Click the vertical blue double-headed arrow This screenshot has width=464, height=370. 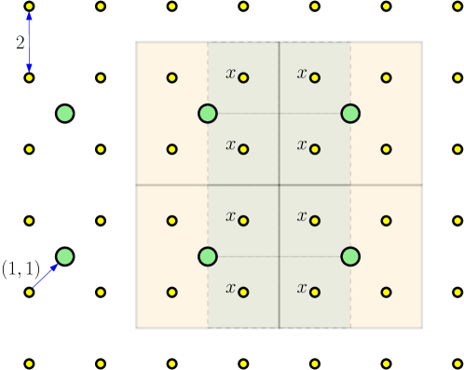pos(29,42)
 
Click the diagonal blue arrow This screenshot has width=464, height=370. pos(46,276)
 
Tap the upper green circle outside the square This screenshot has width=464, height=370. pos(64,114)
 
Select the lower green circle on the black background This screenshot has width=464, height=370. pos(64,256)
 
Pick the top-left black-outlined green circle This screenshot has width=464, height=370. pos(208,114)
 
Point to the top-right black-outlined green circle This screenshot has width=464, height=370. pos(350,114)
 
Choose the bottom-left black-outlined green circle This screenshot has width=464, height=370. pos(208,256)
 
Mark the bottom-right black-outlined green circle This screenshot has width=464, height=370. pos(350,256)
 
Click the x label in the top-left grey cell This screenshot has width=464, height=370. pos(230,74)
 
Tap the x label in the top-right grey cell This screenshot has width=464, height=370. pos(302,74)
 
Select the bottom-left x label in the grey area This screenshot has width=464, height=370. pos(230,288)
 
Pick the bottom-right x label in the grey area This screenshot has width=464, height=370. pos(302,288)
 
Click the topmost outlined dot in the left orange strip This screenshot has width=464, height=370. pos(172,77)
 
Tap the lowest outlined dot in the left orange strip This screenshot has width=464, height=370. pos(172,292)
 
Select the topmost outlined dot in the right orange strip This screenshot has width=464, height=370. pos(386,77)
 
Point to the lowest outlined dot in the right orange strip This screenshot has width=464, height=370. pos(386,292)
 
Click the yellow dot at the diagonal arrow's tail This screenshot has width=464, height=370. pos(29,292)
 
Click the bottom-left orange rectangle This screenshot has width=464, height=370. pos(172,256)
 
